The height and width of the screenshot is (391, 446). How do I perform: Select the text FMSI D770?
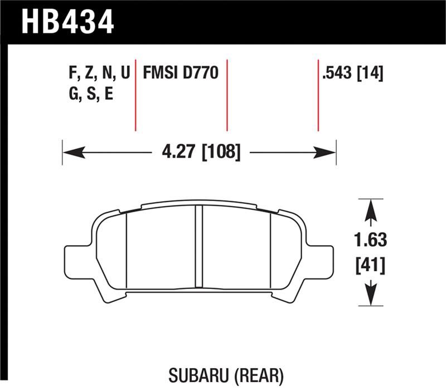click(180, 74)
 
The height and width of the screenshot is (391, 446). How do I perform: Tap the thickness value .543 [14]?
click(352, 74)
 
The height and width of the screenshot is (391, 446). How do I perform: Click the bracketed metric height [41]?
click(370, 266)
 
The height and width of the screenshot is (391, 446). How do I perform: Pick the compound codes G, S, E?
click(90, 94)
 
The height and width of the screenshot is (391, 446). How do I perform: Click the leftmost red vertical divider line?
click(135, 95)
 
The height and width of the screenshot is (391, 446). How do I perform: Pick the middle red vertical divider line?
click(227, 95)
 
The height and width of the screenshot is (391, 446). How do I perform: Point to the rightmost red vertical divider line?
click(318, 95)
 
